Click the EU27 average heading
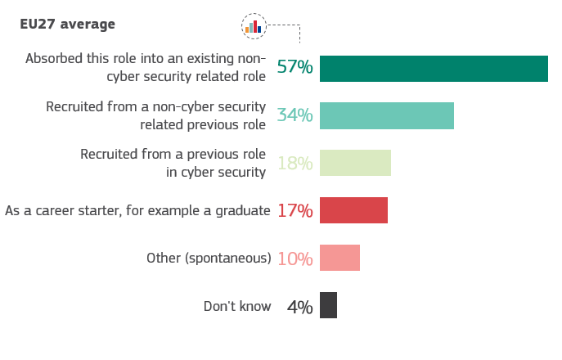[67, 24]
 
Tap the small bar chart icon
[254, 25]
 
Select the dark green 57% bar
[434, 69]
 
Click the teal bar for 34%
[386, 115]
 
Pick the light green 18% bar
[355, 163]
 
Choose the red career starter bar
[353, 210]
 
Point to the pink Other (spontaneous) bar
[339, 258]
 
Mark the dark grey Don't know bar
[328, 305]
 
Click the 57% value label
[294, 67]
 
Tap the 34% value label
[294, 115]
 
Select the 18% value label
[294, 163]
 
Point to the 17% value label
[294, 210]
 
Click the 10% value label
[294, 259]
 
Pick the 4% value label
[299, 307]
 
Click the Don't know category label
[236, 307]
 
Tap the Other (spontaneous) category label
[209, 259]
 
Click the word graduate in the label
[243, 210]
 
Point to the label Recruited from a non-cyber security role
[156, 115]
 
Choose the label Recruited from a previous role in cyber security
[173, 163]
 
